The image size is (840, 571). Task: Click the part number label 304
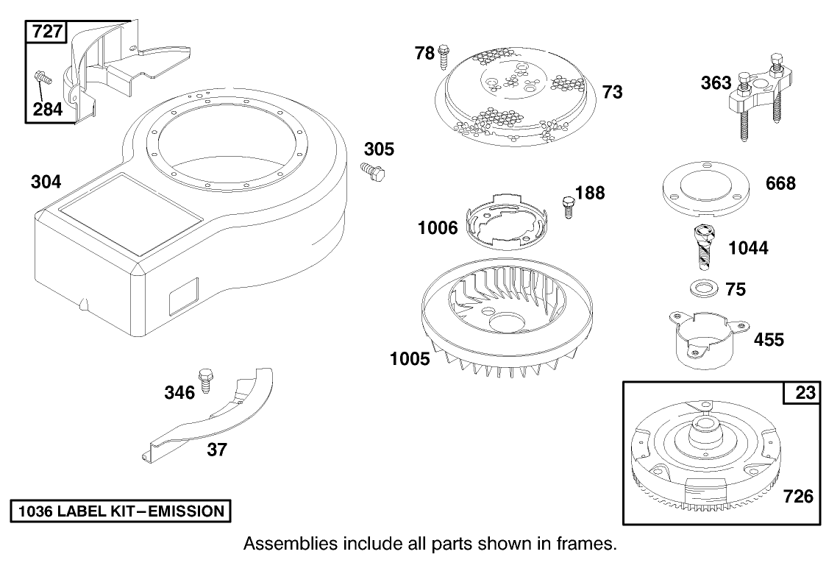click(x=46, y=182)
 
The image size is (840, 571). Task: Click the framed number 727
click(x=46, y=32)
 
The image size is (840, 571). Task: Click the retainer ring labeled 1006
click(x=508, y=221)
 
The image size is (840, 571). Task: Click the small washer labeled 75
click(x=702, y=287)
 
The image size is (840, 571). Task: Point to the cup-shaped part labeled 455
click(x=705, y=338)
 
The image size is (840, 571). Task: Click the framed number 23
click(x=806, y=394)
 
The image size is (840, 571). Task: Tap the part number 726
click(x=798, y=497)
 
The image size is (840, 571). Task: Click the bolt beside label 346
click(x=205, y=379)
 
